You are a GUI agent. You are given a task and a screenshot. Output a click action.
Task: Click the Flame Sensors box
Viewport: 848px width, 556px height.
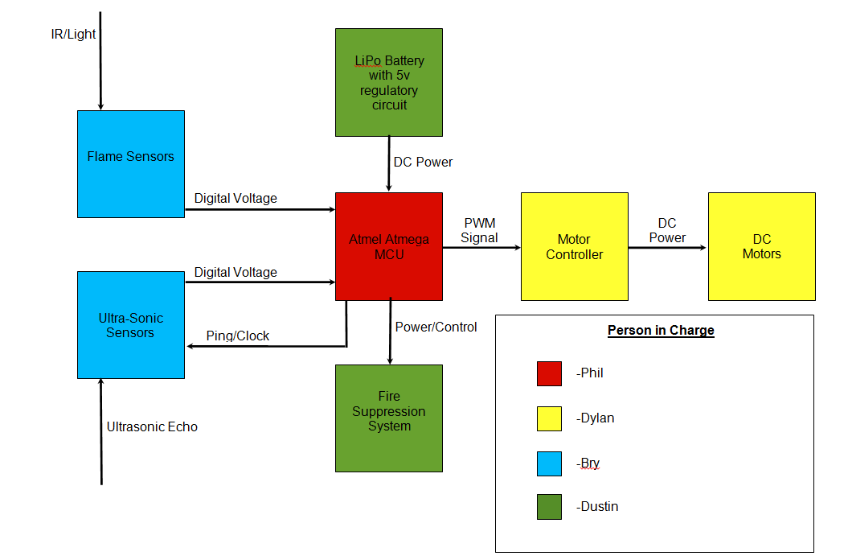pos(130,164)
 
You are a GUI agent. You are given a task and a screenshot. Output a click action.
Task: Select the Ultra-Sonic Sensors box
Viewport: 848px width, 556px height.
pos(130,325)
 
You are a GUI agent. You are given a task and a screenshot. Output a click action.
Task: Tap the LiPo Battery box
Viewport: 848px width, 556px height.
pos(389,82)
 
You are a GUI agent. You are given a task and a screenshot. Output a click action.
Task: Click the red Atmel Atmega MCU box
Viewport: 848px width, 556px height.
pos(389,246)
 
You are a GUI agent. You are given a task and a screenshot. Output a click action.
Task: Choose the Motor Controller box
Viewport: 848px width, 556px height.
pos(574,246)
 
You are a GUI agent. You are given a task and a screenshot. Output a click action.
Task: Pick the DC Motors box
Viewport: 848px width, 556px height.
pos(761,246)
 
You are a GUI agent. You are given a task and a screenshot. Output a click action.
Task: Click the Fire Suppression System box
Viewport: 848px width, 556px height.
pos(389,418)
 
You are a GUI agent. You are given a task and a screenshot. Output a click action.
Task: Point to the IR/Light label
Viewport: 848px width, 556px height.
pos(73,35)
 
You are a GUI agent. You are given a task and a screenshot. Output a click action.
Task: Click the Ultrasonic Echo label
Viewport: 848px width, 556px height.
pos(152,427)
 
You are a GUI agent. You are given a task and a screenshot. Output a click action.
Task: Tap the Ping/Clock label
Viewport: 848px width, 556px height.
pos(238,336)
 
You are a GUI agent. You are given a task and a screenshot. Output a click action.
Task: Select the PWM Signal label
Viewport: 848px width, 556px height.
pos(480,230)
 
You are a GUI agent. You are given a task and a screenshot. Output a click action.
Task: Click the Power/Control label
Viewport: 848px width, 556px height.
pos(436,327)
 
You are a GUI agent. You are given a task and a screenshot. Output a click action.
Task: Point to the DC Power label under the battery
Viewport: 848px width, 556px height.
pos(423,163)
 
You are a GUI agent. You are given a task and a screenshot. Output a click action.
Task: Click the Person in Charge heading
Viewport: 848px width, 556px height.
pos(661,330)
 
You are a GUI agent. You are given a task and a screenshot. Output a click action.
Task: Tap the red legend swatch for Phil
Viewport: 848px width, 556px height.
pos(549,373)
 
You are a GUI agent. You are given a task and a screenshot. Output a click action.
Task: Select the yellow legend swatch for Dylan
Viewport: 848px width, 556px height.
pos(549,418)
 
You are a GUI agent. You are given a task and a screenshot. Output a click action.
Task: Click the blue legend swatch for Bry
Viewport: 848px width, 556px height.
pos(549,463)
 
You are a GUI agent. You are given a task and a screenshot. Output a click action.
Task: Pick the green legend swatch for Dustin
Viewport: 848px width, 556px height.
pos(549,507)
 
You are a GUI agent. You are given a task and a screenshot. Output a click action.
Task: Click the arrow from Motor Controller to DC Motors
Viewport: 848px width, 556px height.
pos(667,248)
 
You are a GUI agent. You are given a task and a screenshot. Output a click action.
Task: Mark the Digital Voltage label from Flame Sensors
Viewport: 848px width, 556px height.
pos(236,199)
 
